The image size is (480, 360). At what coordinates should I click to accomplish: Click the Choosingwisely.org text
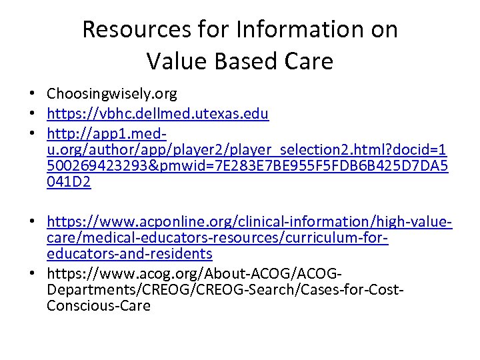tap(111, 95)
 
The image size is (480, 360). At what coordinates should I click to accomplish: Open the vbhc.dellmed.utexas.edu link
tap(158, 113)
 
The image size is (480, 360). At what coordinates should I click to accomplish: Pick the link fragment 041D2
tap(69, 182)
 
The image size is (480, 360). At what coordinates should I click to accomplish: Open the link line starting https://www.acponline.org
tap(250, 221)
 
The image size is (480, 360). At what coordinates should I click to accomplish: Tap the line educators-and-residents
tap(129, 254)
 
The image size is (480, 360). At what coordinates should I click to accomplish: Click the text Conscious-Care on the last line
tap(99, 306)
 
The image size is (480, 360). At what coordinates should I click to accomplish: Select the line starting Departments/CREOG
tap(226, 289)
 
